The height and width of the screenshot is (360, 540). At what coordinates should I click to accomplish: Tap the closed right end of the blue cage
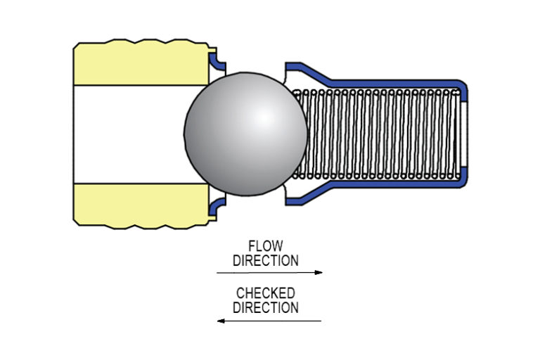pos(465,134)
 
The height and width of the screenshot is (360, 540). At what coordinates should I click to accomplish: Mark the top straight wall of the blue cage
pos(394,83)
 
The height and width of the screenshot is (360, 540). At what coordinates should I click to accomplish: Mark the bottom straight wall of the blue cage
pos(394,185)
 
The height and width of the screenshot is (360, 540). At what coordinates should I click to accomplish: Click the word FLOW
pos(266,247)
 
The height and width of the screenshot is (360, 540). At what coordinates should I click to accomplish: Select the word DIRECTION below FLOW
pos(266,261)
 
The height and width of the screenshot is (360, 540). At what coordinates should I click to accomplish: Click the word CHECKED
pos(266,293)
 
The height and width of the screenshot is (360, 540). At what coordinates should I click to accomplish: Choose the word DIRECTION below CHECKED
pos(266,308)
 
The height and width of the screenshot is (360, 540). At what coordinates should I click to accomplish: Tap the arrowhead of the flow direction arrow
pos(319,272)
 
